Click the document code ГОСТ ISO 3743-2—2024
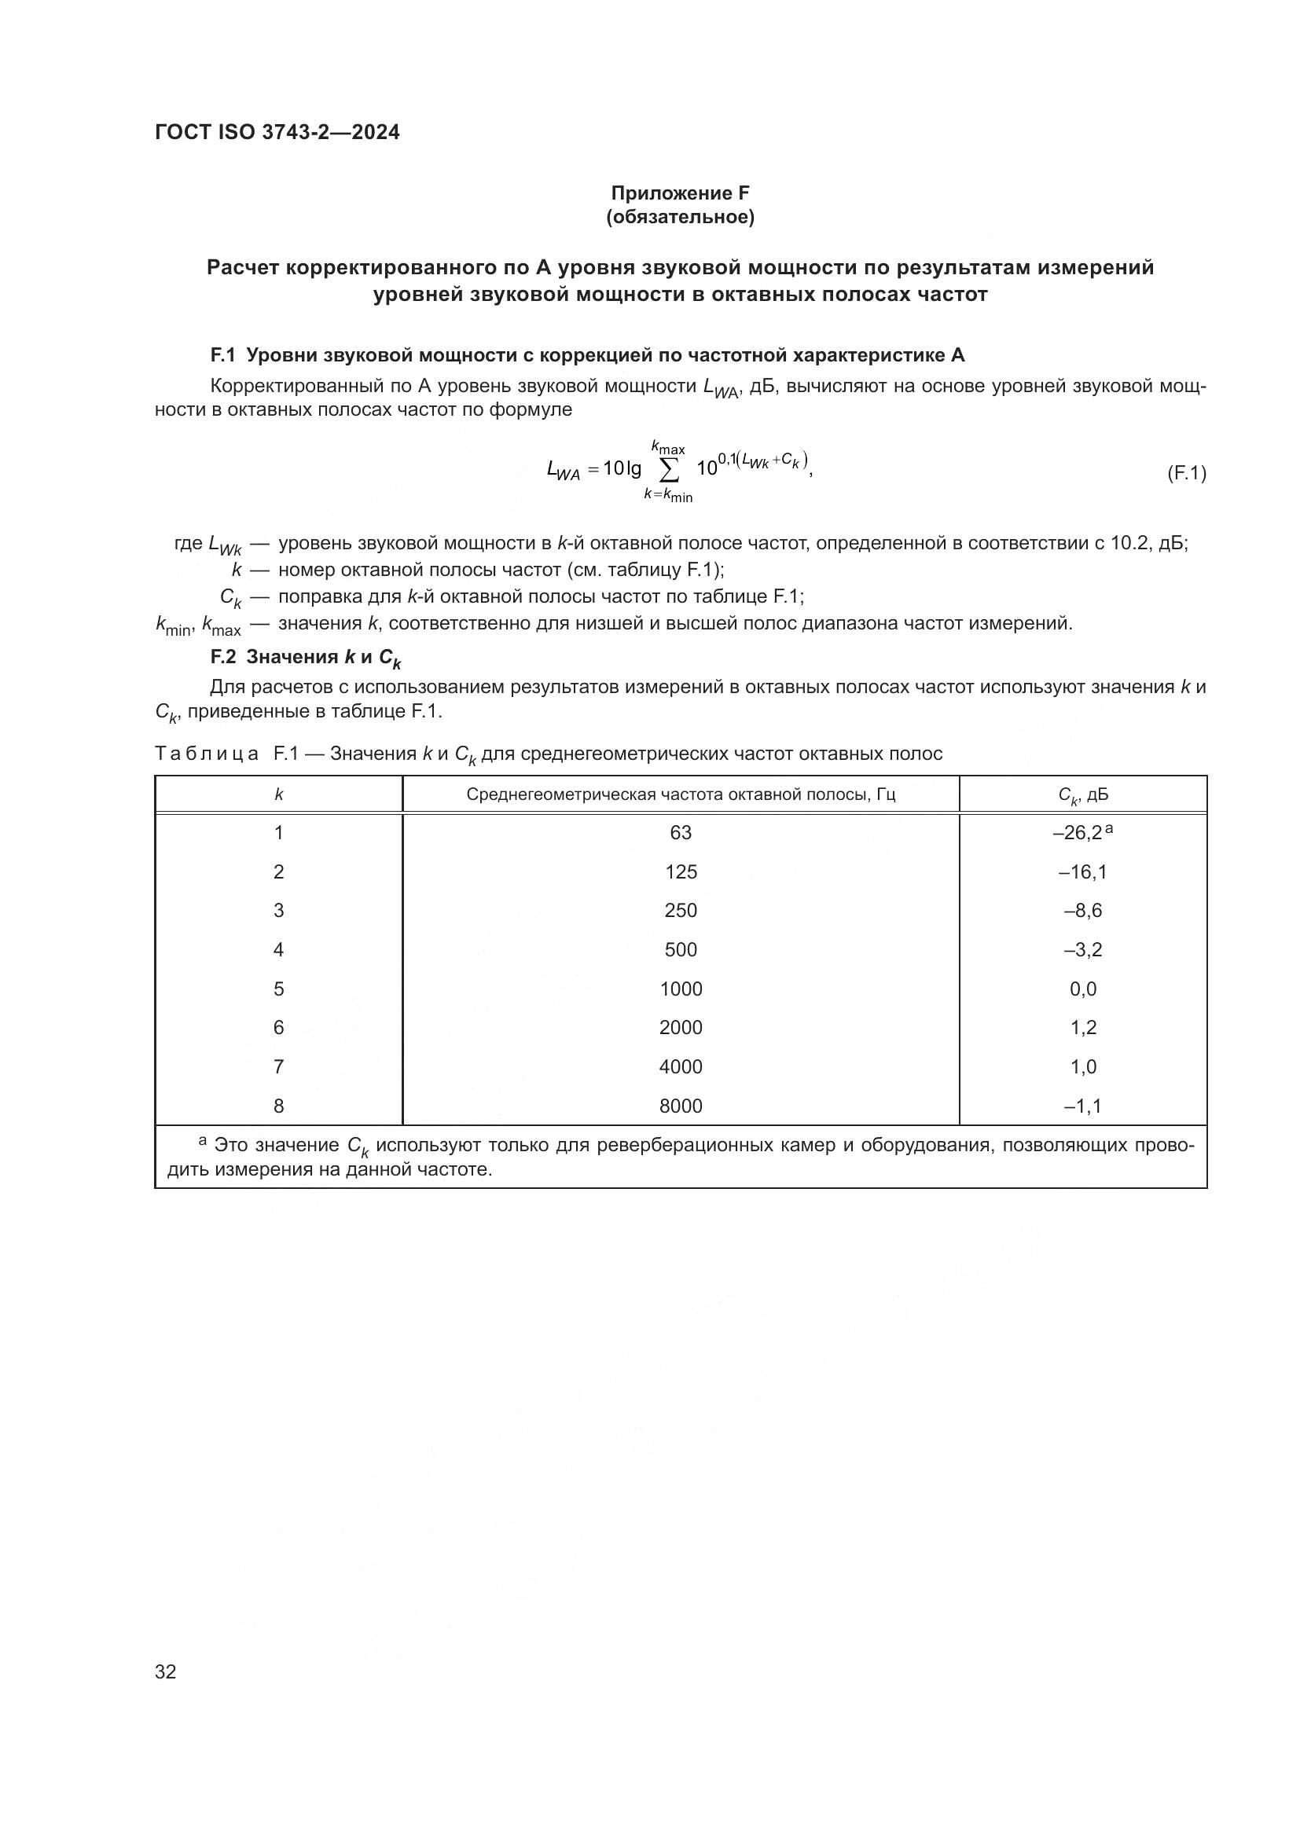click(x=277, y=132)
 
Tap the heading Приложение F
click(x=680, y=193)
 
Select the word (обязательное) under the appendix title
click(x=680, y=217)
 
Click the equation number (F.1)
click(x=1185, y=473)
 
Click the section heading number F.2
click(x=223, y=657)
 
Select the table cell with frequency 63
click(x=681, y=832)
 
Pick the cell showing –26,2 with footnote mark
click(x=1081, y=832)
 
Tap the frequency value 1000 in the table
click(x=681, y=989)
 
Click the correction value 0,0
click(x=1082, y=989)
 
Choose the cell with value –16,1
click(x=1082, y=871)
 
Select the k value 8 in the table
click(x=278, y=1106)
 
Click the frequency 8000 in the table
click(x=681, y=1106)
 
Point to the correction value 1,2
click(x=1082, y=1027)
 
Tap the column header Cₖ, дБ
click(x=1082, y=795)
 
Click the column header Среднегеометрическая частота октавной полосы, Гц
click(x=681, y=794)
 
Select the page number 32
click(x=166, y=1671)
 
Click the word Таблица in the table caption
click(x=207, y=754)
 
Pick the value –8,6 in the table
click(x=1082, y=910)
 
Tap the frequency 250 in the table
click(x=681, y=910)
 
